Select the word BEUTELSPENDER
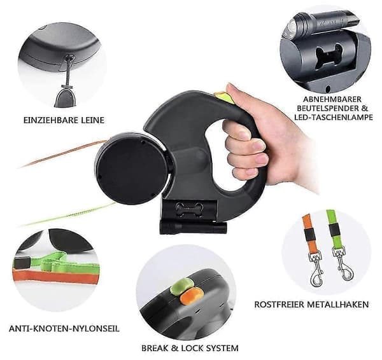tap(329, 108)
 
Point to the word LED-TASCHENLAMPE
tap(334, 117)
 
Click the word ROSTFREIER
tap(279, 305)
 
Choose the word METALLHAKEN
tap(337, 305)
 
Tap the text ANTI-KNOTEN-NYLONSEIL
tap(64, 329)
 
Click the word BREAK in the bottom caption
tap(155, 348)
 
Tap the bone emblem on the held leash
tap(189, 209)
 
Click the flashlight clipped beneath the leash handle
tap(194, 228)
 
